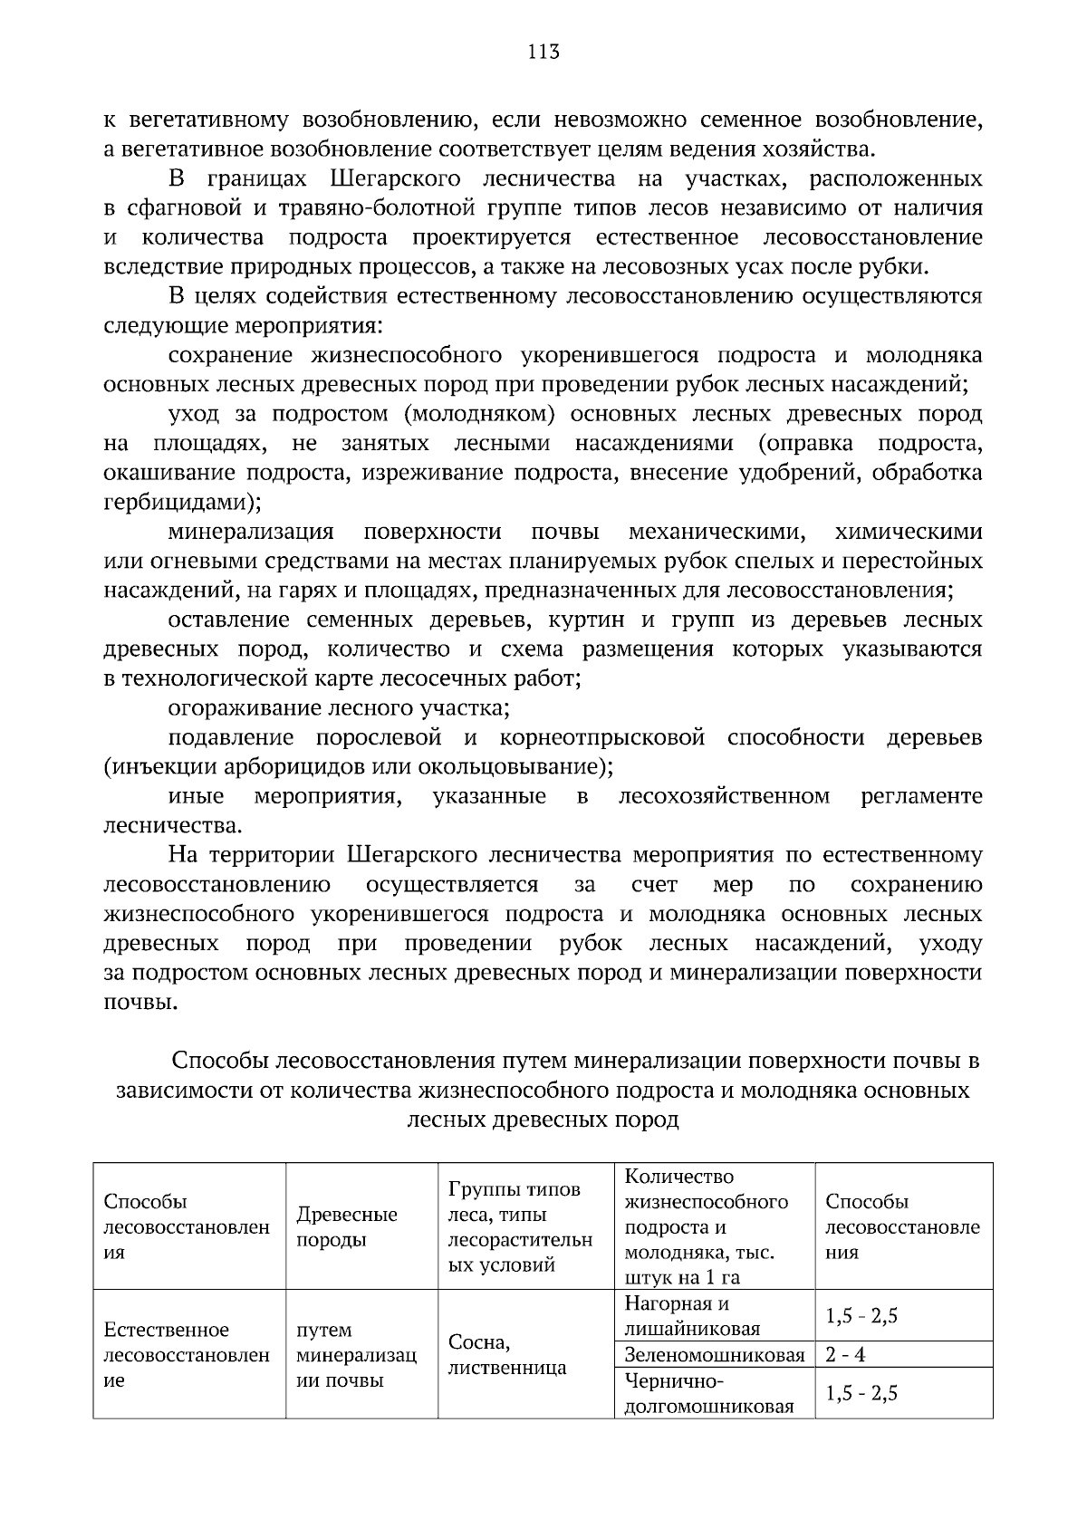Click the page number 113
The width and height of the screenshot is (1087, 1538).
(543, 52)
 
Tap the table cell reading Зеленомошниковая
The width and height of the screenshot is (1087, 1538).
(714, 1355)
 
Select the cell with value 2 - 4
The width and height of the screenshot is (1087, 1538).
(846, 1355)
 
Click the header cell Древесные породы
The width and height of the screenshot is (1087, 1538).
(346, 1226)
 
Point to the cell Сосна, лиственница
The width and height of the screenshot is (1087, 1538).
(506, 1354)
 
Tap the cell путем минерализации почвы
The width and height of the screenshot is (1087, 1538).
(355, 1354)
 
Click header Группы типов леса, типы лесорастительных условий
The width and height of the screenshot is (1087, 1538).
(519, 1226)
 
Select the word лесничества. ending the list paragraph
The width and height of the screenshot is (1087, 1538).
(172, 825)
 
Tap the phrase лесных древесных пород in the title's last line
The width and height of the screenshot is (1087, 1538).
(543, 1120)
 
